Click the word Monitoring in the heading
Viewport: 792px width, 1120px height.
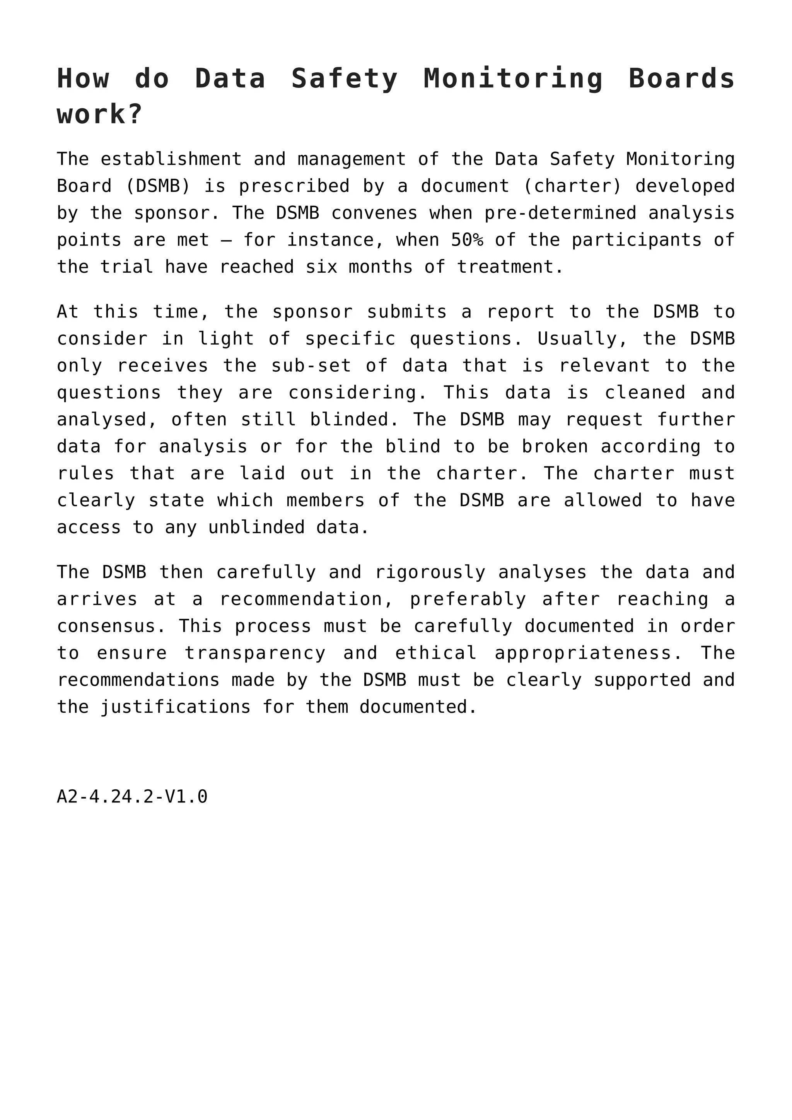coord(513,79)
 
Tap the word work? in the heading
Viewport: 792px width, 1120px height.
coord(99,114)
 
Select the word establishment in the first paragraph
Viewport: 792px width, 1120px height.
coord(171,159)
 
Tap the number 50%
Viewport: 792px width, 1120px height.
coord(467,240)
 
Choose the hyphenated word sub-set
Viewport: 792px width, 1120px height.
coord(311,366)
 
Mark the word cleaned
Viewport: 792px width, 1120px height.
coord(645,393)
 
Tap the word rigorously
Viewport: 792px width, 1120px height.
coord(430,572)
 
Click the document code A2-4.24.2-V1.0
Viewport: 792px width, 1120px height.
coord(132,797)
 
